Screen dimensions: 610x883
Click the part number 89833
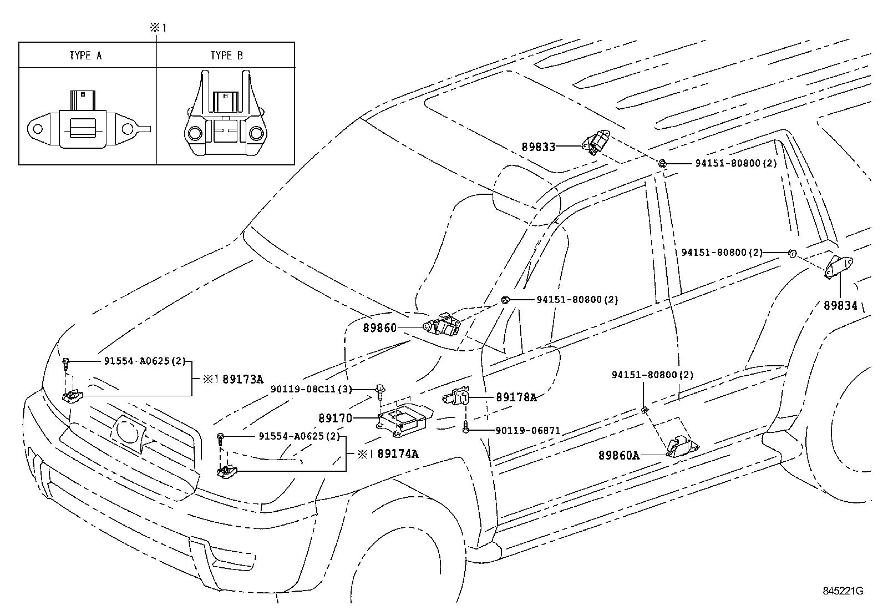[x=538, y=147]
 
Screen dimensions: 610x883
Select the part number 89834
[x=840, y=305]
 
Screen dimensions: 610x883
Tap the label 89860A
[x=618, y=456]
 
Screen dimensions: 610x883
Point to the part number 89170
[x=335, y=418]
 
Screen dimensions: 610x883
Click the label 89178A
[x=516, y=397]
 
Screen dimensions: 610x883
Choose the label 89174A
[x=398, y=454]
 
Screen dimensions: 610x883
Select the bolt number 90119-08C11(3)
[x=311, y=389]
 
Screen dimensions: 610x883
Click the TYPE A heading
[x=85, y=56]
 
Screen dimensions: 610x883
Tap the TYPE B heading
[x=226, y=56]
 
